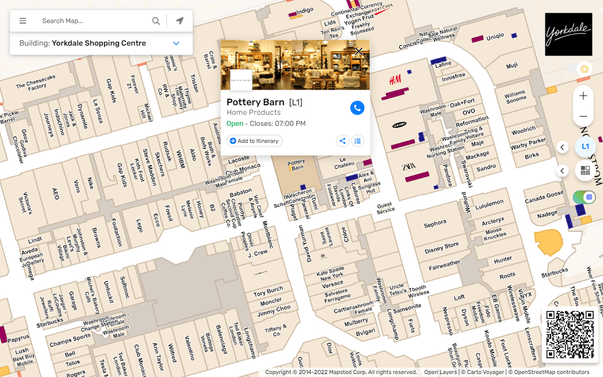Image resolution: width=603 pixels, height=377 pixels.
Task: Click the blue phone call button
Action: click(357, 108)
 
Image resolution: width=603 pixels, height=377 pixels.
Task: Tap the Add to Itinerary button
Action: click(255, 141)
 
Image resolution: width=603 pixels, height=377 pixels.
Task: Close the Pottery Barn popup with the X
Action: click(359, 51)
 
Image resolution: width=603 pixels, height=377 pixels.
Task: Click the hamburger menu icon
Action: click(23, 21)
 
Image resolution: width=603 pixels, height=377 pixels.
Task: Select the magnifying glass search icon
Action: click(156, 21)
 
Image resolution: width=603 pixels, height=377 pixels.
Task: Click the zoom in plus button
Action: click(583, 96)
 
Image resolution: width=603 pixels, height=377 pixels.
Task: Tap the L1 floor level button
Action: click(585, 147)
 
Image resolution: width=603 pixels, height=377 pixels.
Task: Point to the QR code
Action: click(570, 334)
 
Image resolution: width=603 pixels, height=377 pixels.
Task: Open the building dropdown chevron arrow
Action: click(176, 44)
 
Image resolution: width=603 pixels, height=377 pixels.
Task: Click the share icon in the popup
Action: click(342, 141)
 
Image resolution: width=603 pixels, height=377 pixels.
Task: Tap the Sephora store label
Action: click(435, 224)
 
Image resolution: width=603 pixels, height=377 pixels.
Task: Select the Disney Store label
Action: click(441, 247)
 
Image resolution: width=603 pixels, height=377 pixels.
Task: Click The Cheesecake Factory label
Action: click(36, 82)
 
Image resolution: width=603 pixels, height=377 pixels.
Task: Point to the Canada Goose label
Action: click(544, 198)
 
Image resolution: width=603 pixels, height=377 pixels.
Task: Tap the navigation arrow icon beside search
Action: click(180, 21)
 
